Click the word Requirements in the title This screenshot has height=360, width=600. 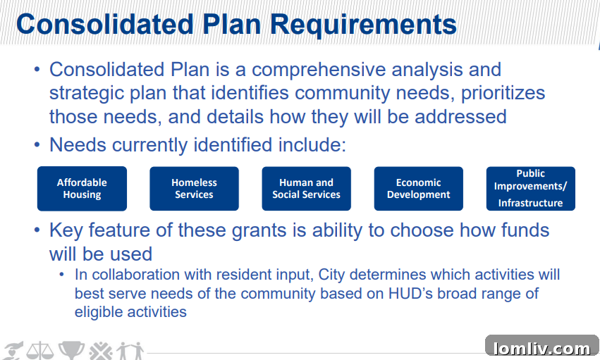[364, 25]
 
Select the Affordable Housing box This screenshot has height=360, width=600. [82, 188]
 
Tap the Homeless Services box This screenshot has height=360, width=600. [194, 188]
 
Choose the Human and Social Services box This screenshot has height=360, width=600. [306, 188]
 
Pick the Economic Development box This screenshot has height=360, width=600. [418, 188]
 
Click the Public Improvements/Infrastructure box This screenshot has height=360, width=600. [530, 188]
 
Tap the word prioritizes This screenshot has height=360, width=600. [503, 93]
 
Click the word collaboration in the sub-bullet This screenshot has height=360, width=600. [136, 275]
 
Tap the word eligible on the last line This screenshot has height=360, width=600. [99, 312]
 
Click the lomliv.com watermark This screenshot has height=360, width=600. [541, 348]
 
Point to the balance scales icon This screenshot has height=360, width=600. [39, 351]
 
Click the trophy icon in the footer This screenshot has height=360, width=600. [71, 350]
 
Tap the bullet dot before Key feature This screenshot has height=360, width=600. [37, 230]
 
